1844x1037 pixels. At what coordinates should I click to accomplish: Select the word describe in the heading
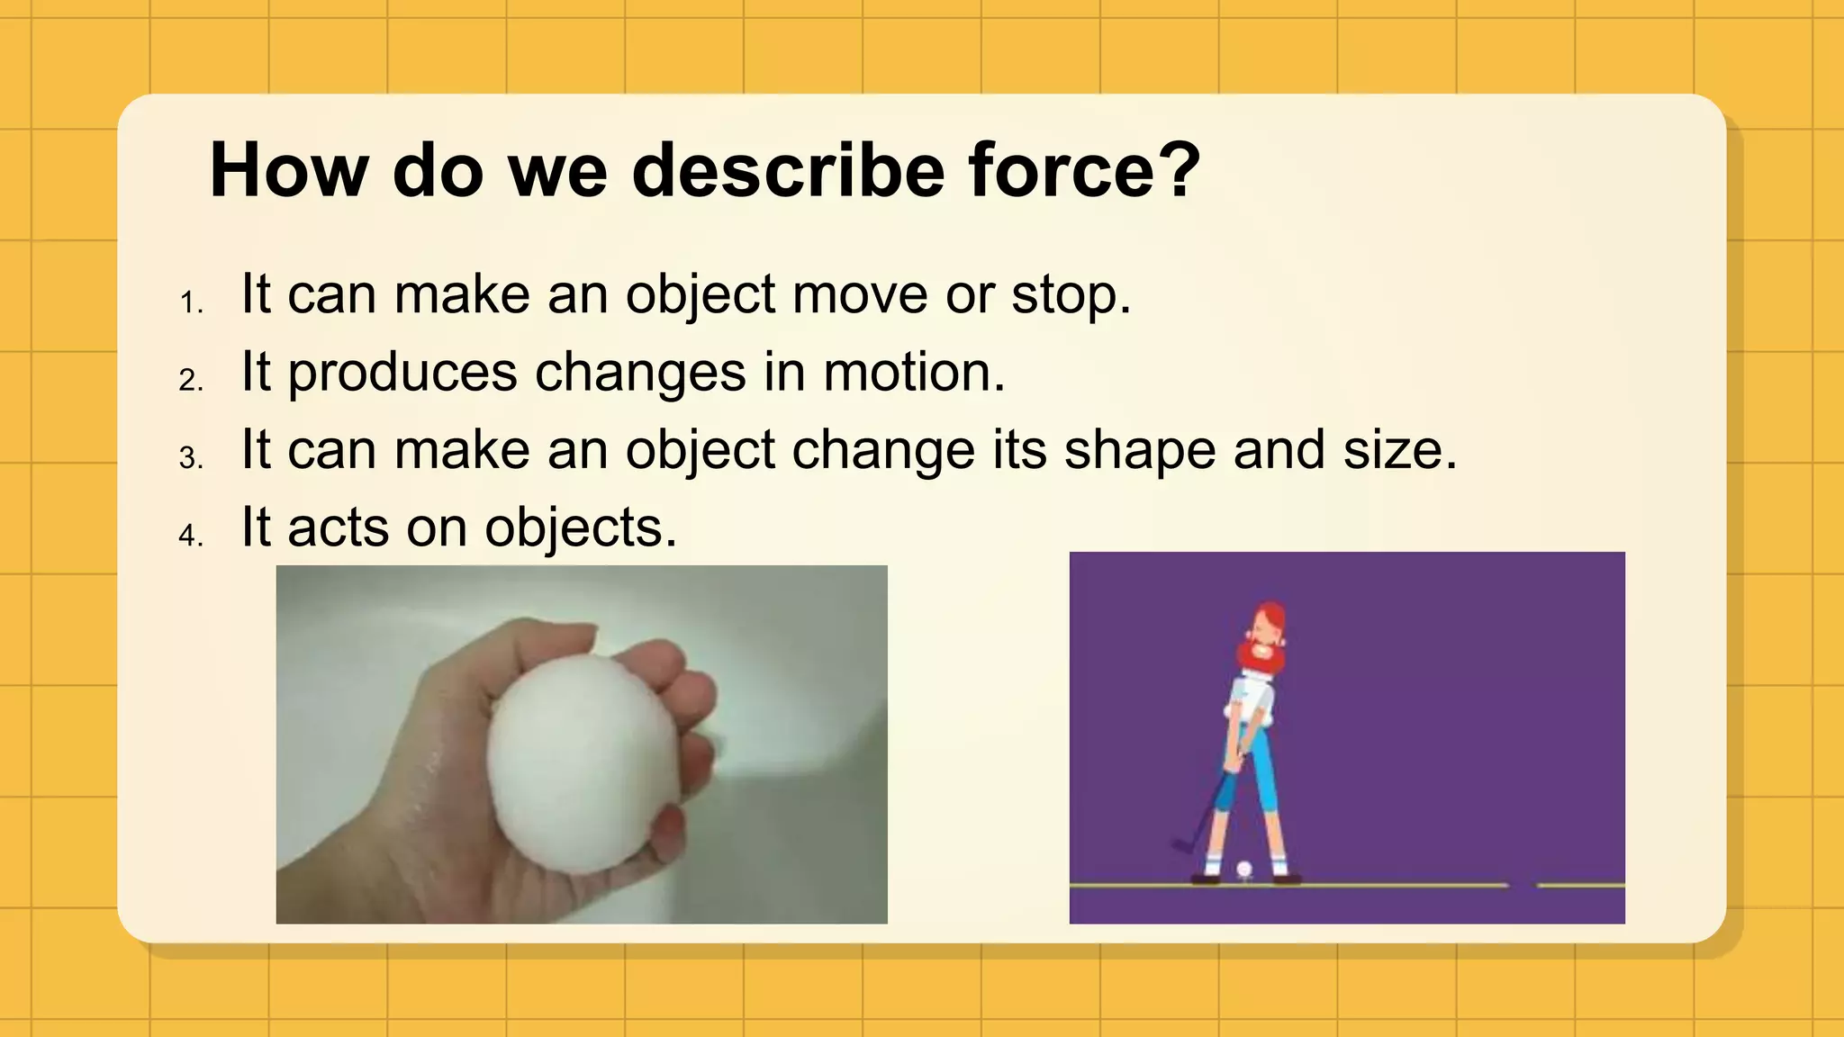coord(787,170)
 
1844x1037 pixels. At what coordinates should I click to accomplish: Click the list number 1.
coord(190,303)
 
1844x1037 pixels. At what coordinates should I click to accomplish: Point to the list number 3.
coord(190,459)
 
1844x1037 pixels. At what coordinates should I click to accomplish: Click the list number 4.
coord(190,537)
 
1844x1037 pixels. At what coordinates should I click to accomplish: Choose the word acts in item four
coord(338,528)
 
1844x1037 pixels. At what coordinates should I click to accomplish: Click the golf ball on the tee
coord(1244,869)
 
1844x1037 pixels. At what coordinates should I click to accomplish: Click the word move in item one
coord(860,295)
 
